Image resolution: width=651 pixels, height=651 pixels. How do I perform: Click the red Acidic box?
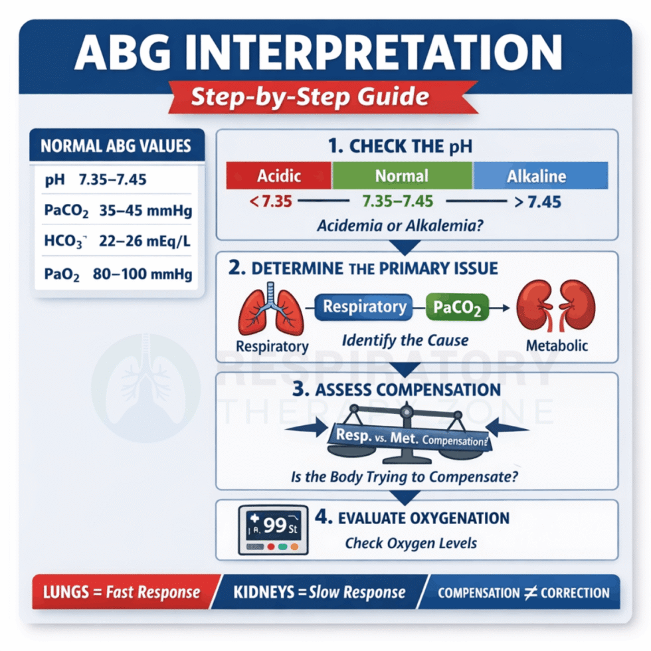point(278,175)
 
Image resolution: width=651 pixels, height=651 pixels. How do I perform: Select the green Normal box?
point(402,175)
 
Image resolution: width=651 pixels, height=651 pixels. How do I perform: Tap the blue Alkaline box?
point(540,175)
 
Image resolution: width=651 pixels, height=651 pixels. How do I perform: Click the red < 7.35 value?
point(271,201)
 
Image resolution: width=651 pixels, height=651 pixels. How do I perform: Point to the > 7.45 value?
point(537,202)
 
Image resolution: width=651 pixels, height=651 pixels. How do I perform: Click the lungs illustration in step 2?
point(271,310)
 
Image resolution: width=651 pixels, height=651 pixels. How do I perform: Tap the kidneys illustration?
point(556,305)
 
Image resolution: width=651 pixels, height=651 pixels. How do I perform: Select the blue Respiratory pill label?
point(364,307)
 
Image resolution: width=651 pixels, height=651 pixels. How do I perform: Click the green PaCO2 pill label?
point(457,307)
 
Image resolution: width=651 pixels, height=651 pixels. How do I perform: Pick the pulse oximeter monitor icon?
point(273,530)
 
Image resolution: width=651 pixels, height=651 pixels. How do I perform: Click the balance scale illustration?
point(407,433)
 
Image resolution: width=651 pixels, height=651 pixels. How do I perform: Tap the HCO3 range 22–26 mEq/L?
point(145,240)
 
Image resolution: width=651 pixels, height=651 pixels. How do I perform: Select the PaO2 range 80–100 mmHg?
point(142,274)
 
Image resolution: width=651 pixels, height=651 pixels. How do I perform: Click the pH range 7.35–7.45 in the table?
point(112,179)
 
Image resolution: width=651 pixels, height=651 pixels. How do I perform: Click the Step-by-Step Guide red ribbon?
point(323,97)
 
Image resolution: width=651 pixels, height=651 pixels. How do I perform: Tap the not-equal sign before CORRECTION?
point(530,593)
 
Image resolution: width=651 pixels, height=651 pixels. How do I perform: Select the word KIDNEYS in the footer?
point(264,592)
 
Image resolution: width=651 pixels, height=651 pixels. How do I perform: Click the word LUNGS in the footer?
point(66,592)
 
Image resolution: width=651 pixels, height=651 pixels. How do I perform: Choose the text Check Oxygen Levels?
point(411,543)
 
